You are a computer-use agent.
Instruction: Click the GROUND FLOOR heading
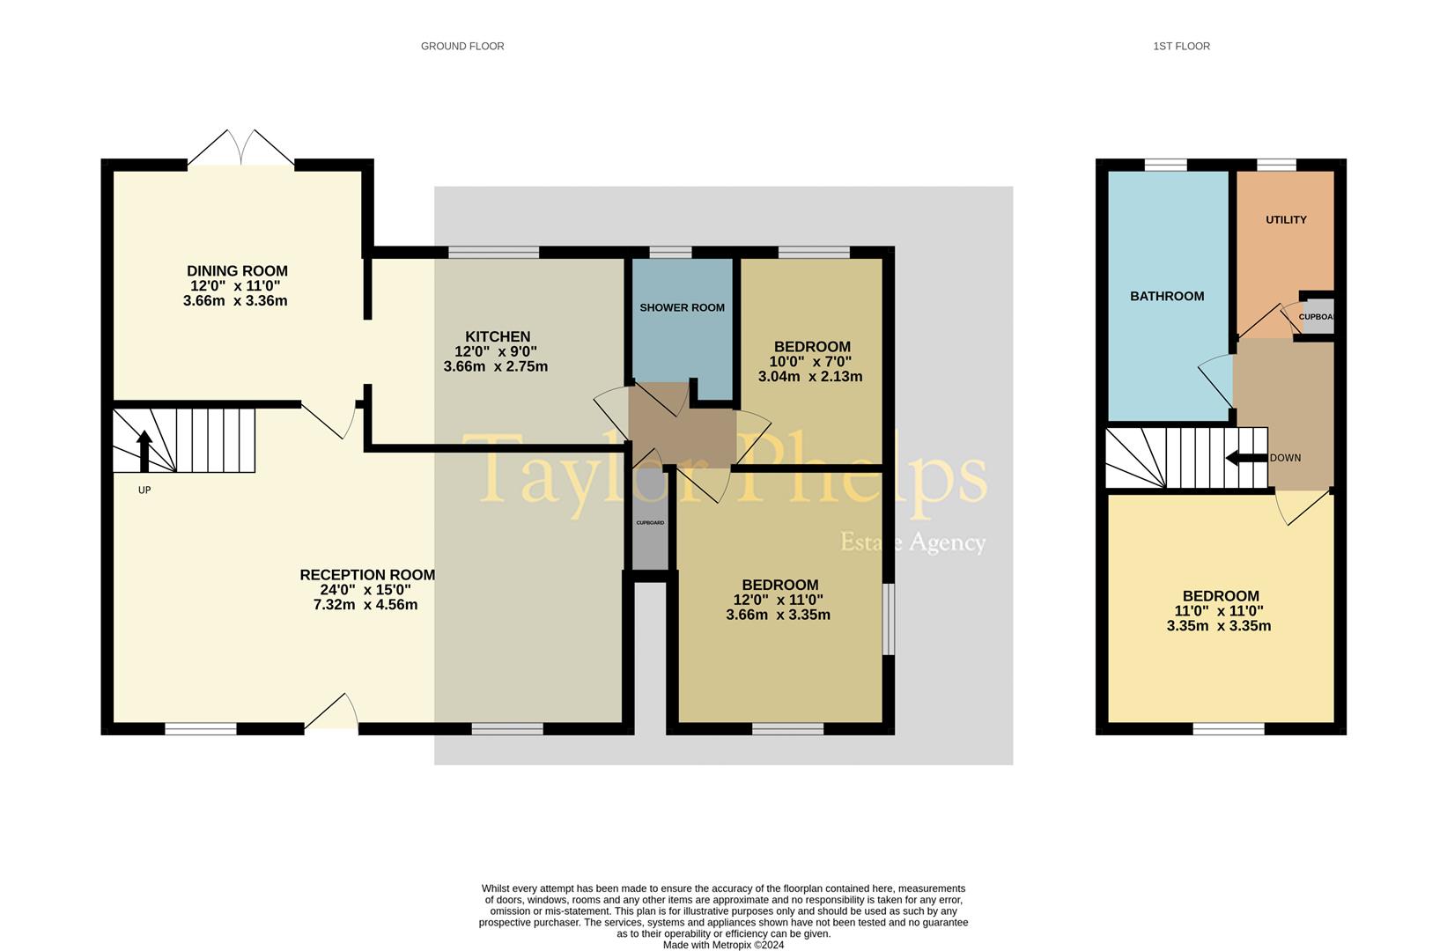click(x=462, y=47)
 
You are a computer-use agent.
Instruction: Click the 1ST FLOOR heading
click(x=1182, y=47)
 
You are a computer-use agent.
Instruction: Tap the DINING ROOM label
click(x=237, y=271)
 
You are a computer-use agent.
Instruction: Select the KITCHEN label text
click(x=498, y=336)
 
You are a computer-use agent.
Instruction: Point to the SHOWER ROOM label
click(x=683, y=307)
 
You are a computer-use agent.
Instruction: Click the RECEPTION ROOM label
click(x=367, y=575)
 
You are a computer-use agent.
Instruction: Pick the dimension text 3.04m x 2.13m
click(x=810, y=377)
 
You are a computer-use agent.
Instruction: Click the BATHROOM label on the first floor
click(x=1167, y=297)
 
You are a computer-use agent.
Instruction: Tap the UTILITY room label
click(x=1286, y=219)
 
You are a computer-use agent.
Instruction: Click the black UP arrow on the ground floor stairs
click(x=144, y=451)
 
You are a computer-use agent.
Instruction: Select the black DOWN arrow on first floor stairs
click(x=1247, y=458)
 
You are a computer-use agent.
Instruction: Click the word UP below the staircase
click(x=144, y=490)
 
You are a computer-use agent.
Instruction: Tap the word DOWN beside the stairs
click(x=1286, y=458)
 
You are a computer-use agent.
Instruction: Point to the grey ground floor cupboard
click(x=650, y=520)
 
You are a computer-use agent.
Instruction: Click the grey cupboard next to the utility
click(x=1317, y=317)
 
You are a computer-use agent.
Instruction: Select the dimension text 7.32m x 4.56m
click(x=365, y=605)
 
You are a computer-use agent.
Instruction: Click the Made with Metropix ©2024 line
click(x=724, y=945)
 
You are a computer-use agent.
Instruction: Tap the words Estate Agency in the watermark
click(x=912, y=542)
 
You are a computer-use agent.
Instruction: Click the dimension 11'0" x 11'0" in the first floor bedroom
click(x=1219, y=611)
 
